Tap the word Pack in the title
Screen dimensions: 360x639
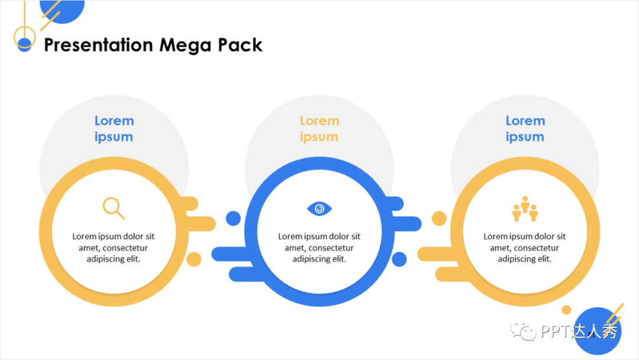pos(240,45)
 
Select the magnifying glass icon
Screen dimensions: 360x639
pos(114,208)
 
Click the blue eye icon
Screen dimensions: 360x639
pos(319,208)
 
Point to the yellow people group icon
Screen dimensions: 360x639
pos(525,208)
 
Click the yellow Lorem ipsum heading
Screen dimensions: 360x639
pos(319,128)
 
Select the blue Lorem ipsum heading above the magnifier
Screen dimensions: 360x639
pos(114,128)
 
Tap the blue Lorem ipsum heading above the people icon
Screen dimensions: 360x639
pos(525,128)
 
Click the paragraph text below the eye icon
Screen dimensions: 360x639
pos(319,247)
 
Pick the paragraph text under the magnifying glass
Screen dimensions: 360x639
pos(114,247)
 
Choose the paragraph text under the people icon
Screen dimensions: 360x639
pos(525,247)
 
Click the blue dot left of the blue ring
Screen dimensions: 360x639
pos(234,218)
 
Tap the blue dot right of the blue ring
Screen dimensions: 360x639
pos(399,259)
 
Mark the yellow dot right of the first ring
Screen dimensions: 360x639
pos(194,259)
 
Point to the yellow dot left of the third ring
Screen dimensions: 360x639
pos(439,218)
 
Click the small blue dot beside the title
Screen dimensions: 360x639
pos(24,45)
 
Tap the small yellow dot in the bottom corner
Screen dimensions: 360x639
pos(566,310)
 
